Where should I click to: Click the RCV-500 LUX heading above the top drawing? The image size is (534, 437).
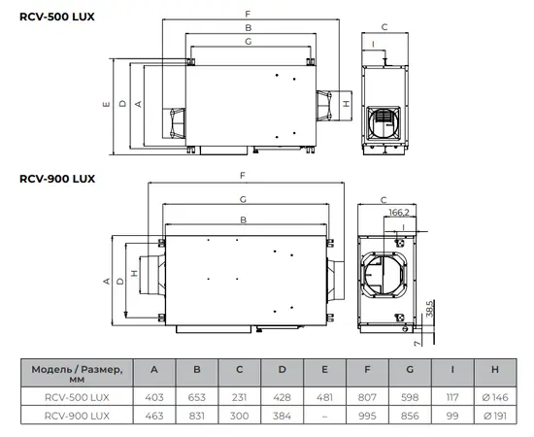point(57,17)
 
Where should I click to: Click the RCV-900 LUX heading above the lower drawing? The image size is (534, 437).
point(57,179)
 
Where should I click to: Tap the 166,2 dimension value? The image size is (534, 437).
point(399,213)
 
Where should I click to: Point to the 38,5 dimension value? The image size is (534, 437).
point(430,308)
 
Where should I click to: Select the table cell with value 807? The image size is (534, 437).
point(367,397)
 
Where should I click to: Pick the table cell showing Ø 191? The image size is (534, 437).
point(495,416)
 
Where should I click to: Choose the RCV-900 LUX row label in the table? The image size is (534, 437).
point(77,416)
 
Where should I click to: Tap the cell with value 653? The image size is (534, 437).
point(197,397)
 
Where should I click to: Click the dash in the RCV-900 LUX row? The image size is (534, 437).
point(324,416)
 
